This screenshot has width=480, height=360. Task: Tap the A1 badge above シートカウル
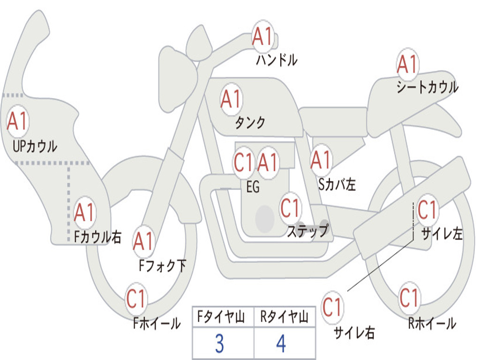pyautogui.click(x=407, y=65)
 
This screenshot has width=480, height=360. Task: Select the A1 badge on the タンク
pyautogui.click(x=231, y=99)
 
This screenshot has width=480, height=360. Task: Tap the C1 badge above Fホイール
pyautogui.click(x=136, y=299)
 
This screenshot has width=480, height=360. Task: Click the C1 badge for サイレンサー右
pyautogui.click(x=332, y=307)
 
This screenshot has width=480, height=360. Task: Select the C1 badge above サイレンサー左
pyautogui.click(x=427, y=210)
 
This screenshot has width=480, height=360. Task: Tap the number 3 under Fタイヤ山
pyautogui.click(x=219, y=344)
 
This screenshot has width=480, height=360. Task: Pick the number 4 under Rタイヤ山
pyautogui.click(x=281, y=344)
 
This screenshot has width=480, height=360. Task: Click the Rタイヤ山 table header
pyautogui.click(x=284, y=318)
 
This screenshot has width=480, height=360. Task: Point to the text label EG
pyautogui.click(x=253, y=187)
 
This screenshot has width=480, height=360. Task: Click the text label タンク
pyautogui.click(x=250, y=123)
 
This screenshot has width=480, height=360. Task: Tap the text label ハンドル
pyautogui.click(x=277, y=60)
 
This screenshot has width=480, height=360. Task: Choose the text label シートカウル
pyautogui.click(x=427, y=88)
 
